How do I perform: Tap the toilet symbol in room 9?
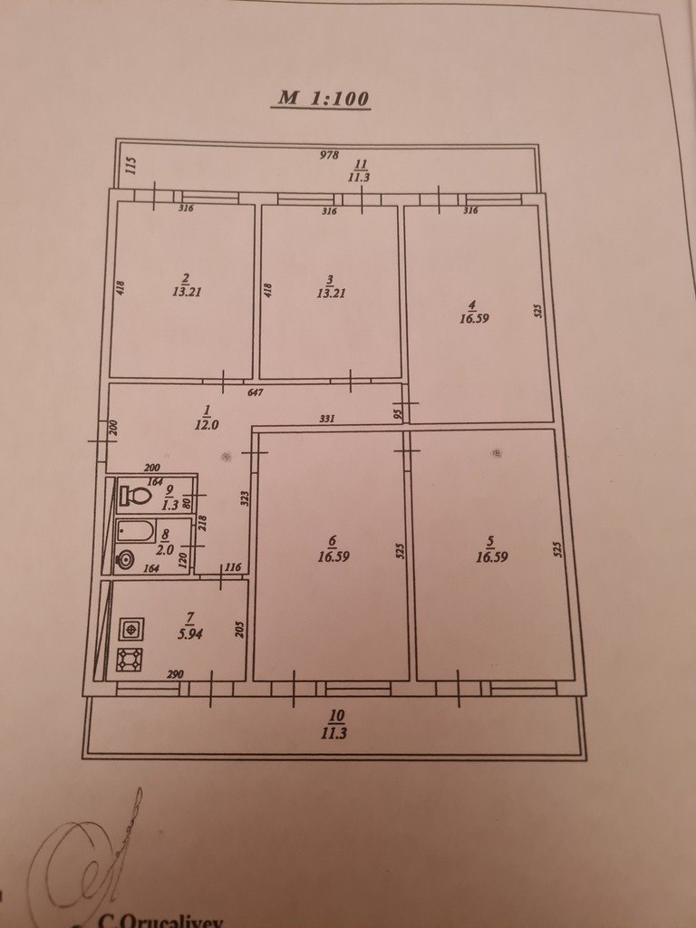pyautogui.click(x=134, y=495)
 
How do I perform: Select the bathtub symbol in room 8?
pyautogui.click(x=135, y=531)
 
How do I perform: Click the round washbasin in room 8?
pyautogui.click(x=125, y=558)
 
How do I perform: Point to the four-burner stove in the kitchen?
pyautogui.click(x=130, y=661)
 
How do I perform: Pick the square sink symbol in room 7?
pyautogui.click(x=131, y=629)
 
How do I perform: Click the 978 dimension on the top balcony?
pyautogui.click(x=328, y=155)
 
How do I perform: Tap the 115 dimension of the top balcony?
pyautogui.click(x=131, y=165)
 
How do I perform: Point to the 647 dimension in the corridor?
pyautogui.click(x=255, y=392)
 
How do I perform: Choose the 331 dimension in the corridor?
pyautogui.click(x=326, y=419)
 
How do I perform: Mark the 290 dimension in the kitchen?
pyautogui.click(x=175, y=674)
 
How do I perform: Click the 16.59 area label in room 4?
pyautogui.click(x=474, y=318)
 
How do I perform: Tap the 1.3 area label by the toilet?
pyautogui.click(x=170, y=505)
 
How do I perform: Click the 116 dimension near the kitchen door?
pyautogui.click(x=234, y=567)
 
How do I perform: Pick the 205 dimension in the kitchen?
pyautogui.click(x=239, y=629)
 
